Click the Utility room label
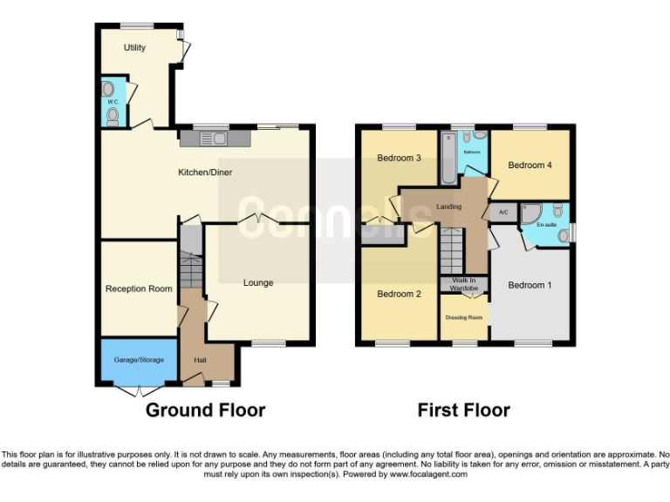pyautogui.click(x=134, y=48)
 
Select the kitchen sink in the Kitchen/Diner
pyautogui.click(x=213, y=138)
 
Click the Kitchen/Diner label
pyautogui.click(x=205, y=173)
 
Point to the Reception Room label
pyautogui.click(x=139, y=288)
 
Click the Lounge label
pyautogui.click(x=258, y=282)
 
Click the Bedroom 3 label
pyautogui.click(x=400, y=159)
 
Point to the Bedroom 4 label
pyautogui.click(x=530, y=165)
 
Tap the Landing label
pyautogui.click(x=448, y=207)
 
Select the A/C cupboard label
pyautogui.click(x=503, y=213)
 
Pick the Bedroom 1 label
pyautogui.click(x=530, y=285)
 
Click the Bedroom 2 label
pyautogui.click(x=400, y=294)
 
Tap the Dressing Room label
pyautogui.click(x=464, y=317)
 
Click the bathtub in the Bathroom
pyautogui.click(x=448, y=157)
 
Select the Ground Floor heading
pyautogui.click(x=205, y=410)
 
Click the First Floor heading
pyautogui.click(x=463, y=410)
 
